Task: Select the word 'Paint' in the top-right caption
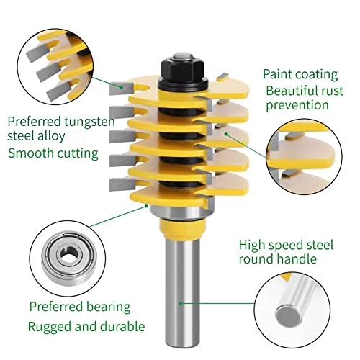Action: coord(278,74)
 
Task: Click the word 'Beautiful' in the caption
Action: coord(292,91)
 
